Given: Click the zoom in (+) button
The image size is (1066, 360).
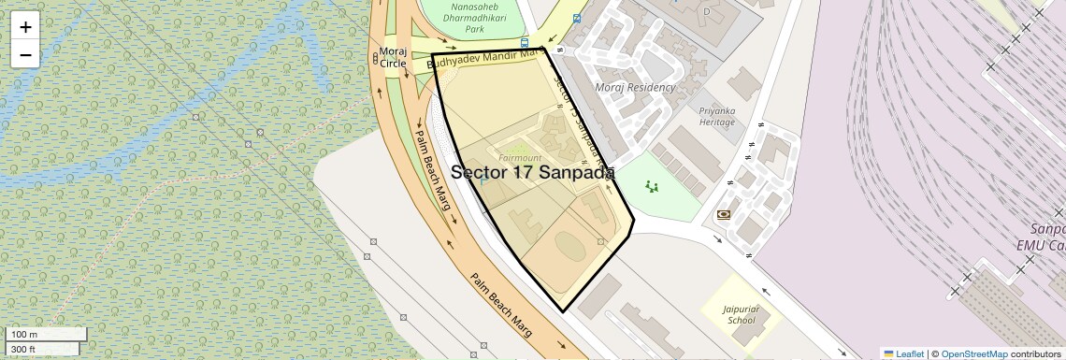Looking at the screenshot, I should pyautogui.click(x=25, y=26).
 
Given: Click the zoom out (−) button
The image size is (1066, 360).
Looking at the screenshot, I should pyautogui.click(x=25, y=54).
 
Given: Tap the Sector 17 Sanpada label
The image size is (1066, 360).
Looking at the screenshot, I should pyautogui.click(x=532, y=172).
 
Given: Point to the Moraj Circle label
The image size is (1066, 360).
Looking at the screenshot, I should pyautogui.click(x=393, y=57).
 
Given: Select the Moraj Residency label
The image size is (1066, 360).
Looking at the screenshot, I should pyautogui.click(x=635, y=87).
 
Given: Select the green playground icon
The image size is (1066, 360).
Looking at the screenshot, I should pyautogui.click(x=652, y=187).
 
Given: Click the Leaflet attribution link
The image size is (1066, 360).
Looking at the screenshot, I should pyautogui.click(x=904, y=353).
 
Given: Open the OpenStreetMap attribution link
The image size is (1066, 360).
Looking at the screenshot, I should pyautogui.click(x=973, y=353).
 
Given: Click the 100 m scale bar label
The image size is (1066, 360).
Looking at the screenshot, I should pyautogui.click(x=25, y=334).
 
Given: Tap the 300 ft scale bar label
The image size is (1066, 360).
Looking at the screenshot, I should pyautogui.click(x=23, y=350).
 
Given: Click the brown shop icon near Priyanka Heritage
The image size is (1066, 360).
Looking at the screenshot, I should pyautogui.click(x=724, y=215).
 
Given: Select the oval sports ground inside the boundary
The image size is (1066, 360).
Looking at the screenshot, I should pyautogui.click(x=571, y=249).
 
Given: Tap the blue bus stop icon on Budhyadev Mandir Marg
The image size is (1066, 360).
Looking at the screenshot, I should pyautogui.click(x=525, y=43).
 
